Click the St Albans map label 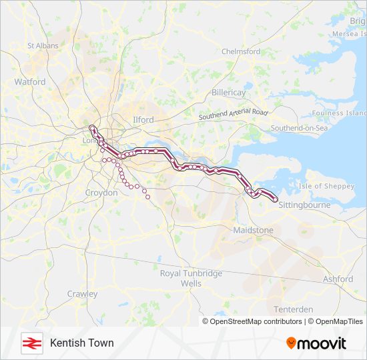(43, 46)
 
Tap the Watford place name (30, 82)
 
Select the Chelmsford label (240, 51)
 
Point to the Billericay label (230, 93)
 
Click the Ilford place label (143, 120)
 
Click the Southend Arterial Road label (233, 115)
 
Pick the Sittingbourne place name (304, 205)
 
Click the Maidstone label (253, 230)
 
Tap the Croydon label (101, 193)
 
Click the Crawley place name (82, 294)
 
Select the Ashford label (338, 279)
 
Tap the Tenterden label (293, 309)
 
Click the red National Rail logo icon (31, 343)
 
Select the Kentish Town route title (81, 343)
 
